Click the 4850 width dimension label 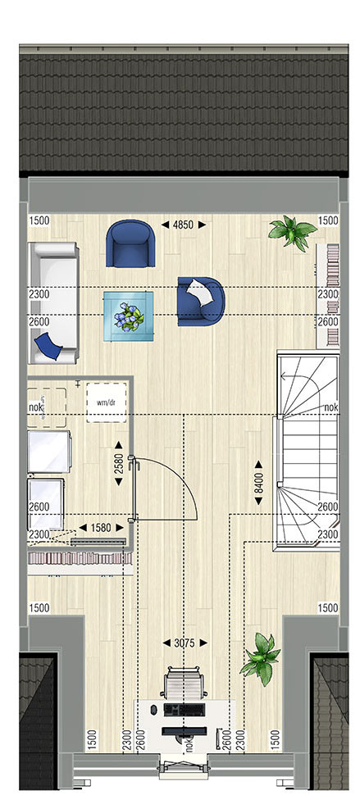[184, 225]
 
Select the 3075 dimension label [185, 643]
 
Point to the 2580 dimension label [118, 464]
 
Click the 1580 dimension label [101, 527]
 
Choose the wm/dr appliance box [106, 402]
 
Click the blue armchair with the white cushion [201, 302]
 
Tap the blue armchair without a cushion [130, 243]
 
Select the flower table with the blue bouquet [128, 316]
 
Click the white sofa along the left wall [54, 302]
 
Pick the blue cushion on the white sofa [48, 346]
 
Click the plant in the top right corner [292, 233]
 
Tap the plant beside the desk [262, 659]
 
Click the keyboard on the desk [185, 710]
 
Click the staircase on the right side [308, 450]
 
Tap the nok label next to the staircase [330, 407]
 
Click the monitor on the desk [185, 731]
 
